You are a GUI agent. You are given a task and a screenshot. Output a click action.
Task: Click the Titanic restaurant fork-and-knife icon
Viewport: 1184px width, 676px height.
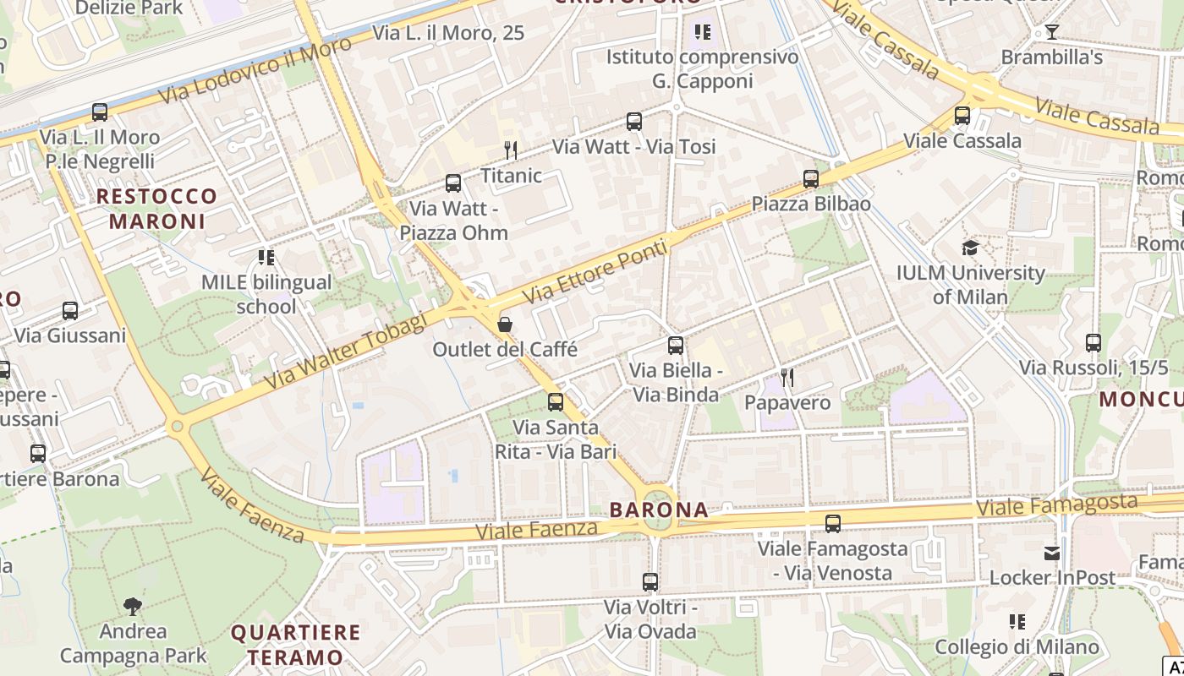[x=510, y=150]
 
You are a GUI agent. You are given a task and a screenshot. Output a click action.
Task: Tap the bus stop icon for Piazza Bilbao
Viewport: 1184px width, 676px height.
[x=811, y=178]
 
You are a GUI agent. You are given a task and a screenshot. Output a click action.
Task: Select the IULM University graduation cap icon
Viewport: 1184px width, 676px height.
[x=970, y=248]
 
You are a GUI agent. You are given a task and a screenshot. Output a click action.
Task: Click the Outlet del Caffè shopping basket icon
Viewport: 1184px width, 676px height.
[x=505, y=324]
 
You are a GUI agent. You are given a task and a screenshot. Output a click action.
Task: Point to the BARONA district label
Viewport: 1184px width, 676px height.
[x=659, y=510]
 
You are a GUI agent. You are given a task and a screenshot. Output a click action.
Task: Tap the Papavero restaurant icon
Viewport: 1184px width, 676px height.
[x=787, y=377]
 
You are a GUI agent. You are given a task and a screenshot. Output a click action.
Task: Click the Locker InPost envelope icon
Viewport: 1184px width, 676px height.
[x=1052, y=553]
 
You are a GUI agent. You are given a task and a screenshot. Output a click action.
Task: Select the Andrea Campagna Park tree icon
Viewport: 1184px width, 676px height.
[x=132, y=605]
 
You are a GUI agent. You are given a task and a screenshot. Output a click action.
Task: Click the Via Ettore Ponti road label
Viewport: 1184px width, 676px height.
[x=595, y=272]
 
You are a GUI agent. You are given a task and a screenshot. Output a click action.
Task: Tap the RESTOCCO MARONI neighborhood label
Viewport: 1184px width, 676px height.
[x=156, y=209]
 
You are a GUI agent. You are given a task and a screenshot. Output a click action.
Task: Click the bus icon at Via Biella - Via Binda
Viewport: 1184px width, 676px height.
[x=675, y=345]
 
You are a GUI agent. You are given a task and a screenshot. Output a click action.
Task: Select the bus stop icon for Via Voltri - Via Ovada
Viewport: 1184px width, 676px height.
[x=650, y=581]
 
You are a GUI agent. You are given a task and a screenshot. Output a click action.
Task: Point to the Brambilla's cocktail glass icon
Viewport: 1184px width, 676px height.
[x=1051, y=32]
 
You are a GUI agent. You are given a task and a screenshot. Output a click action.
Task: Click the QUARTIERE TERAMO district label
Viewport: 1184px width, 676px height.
[x=295, y=644]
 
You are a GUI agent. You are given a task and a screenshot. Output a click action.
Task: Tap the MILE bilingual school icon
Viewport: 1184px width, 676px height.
[x=266, y=257]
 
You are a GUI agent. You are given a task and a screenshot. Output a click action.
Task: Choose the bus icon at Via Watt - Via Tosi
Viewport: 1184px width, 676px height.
[x=634, y=121]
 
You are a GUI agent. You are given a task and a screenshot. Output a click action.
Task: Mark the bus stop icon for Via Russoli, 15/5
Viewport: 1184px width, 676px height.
[x=1093, y=342]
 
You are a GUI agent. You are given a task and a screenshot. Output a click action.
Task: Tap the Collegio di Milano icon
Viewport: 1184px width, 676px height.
[x=1017, y=622]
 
